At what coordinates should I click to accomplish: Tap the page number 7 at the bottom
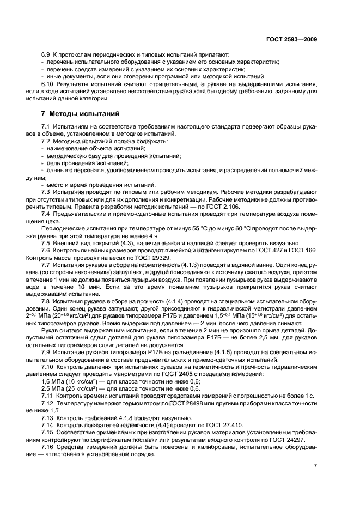pyautogui.click(x=315, y=466)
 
